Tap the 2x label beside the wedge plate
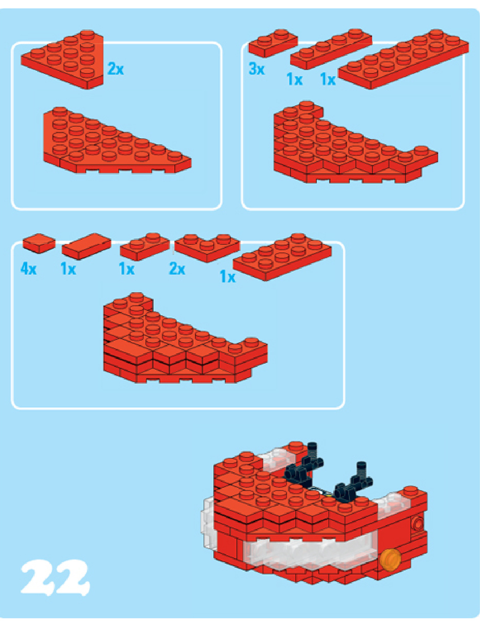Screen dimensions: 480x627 116,69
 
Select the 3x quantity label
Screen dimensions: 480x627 257,69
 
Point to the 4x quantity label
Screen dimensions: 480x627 29,269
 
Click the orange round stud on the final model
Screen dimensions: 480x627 389,558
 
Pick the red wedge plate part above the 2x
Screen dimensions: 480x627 63,59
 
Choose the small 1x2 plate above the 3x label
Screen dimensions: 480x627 273,43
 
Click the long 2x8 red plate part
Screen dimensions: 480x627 403,59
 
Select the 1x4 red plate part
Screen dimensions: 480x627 331,49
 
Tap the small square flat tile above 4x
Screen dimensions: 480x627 39,243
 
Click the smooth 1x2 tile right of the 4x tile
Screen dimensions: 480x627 86,246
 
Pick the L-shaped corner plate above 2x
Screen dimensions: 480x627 207,248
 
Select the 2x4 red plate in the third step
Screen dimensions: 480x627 282,257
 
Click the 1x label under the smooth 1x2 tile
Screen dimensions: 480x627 69,269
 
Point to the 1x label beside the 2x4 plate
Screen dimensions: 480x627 228,277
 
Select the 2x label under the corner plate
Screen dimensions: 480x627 177,269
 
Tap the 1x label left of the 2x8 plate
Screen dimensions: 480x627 328,79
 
